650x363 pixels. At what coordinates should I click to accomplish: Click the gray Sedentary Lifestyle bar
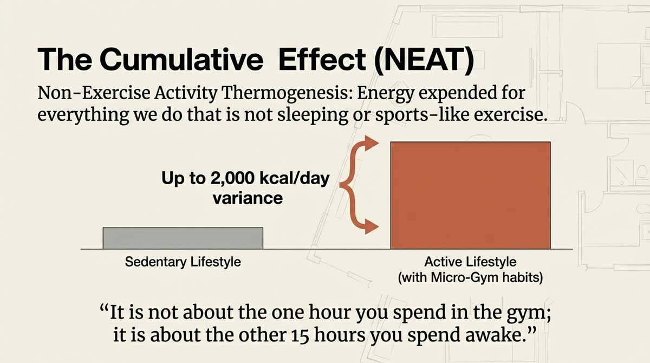[x=183, y=238]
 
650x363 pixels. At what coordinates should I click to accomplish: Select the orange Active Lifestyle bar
[x=470, y=195]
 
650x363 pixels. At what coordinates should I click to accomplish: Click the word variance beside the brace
[x=248, y=198]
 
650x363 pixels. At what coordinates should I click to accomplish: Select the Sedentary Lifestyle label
[x=183, y=262]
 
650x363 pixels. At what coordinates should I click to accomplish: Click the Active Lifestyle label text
[x=470, y=262]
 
